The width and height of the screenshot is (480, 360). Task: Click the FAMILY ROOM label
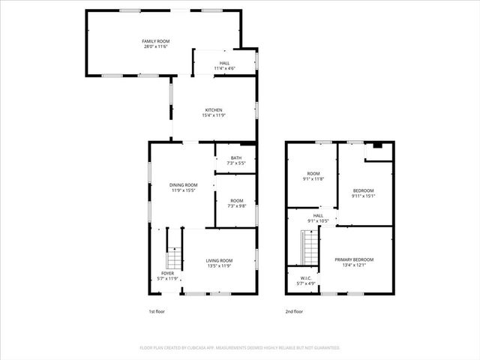pos(155,40)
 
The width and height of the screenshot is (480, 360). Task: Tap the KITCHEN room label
pos(214,109)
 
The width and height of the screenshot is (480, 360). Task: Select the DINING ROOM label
pos(183,184)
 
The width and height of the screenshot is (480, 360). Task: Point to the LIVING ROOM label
pos(220,260)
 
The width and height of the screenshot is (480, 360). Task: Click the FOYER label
pos(168,273)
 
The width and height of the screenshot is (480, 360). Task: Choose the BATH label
pos(236,157)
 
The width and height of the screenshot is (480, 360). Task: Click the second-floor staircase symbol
pos(309,247)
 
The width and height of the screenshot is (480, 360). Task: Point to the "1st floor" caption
pos(157,311)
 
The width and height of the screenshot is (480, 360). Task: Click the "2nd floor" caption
pos(294,311)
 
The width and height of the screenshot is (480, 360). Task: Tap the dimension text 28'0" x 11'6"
pos(155,46)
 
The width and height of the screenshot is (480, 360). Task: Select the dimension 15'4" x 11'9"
pos(214,115)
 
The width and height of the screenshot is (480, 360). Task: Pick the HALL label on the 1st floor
pos(225,63)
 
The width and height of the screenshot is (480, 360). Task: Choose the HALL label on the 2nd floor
pos(318,215)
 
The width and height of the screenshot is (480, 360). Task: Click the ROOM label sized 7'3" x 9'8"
pos(237,200)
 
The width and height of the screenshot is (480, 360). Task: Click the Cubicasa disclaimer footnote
pos(240,348)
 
